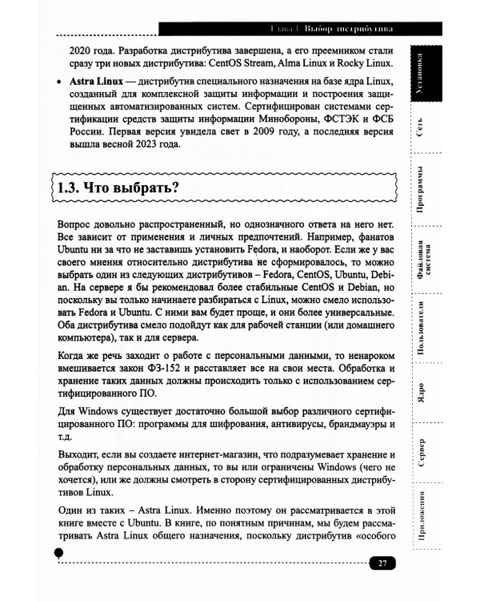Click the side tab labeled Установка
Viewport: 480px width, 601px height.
(429, 75)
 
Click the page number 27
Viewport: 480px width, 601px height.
(382, 563)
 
